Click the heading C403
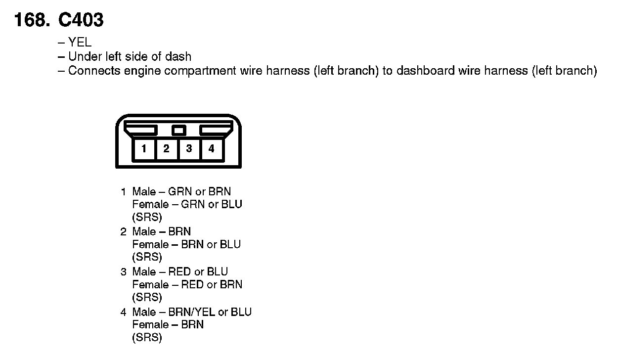(81, 20)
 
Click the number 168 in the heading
(31, 20)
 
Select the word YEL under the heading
(80, 43)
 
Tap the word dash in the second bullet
(179, 57)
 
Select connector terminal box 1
(144, 148)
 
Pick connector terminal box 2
(167, 148)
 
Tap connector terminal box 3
(189, 148)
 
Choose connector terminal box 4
(211, 148)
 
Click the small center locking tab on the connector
(178, 130)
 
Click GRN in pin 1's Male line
(180, 191)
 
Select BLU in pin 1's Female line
(231, 204)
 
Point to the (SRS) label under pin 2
(147, 257)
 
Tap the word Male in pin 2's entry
(144, 232)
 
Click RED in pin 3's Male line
(179, 272)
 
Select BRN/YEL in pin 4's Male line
(192, 312)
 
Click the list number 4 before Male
(123, 312)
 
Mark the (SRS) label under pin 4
(147, 338)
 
